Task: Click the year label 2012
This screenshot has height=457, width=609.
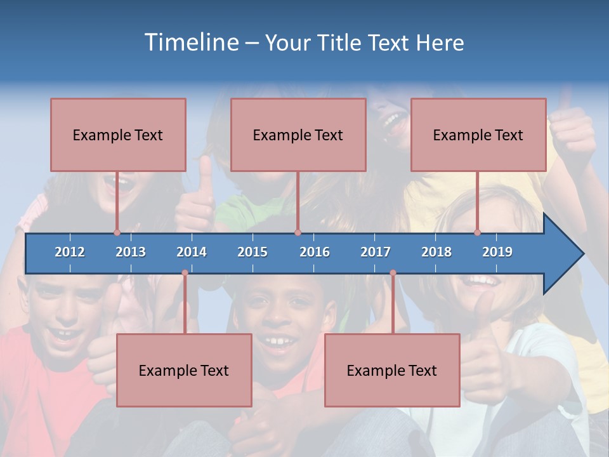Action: point(70,252)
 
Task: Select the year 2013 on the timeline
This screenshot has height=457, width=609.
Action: point(131,252)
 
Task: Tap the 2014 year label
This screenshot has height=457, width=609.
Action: point(192,252)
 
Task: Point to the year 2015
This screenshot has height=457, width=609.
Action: point(252,252)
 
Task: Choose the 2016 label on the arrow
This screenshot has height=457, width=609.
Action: point(315,252)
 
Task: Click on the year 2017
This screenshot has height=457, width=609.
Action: point(376,252)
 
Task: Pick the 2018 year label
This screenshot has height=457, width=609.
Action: point(436,252)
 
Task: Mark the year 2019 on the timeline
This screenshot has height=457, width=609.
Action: point(497,252)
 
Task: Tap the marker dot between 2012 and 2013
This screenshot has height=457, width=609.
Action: point(117,233)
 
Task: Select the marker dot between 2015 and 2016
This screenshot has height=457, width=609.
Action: point(298,233)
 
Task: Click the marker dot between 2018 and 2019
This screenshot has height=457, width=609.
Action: point(478,233)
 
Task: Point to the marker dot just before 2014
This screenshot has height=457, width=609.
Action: point(185,273)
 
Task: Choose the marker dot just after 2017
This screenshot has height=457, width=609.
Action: point(393,273)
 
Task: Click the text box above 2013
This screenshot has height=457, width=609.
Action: point(118,135)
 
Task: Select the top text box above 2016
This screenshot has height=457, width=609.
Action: point(298,135)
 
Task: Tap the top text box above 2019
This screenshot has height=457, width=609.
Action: point(478,135)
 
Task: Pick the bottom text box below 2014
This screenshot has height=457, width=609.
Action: point(184,370)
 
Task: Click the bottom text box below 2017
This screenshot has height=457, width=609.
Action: point(392,370)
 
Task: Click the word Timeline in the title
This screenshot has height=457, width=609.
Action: point(190,43)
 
